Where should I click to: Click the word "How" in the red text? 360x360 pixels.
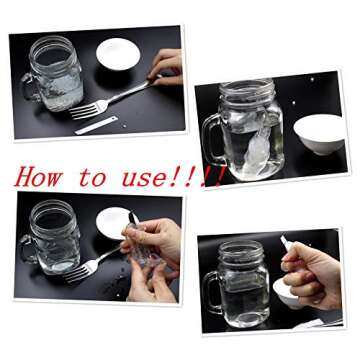(39, 177)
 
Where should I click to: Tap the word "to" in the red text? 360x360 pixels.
(93, 178)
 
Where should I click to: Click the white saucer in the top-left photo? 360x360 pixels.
(118, 54)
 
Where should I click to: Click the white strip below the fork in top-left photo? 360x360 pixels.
(96, 125)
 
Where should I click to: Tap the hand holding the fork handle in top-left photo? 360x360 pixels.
(166, 67)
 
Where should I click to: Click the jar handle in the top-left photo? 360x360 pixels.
(29, 87)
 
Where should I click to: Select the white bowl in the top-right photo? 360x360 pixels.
(320, 134)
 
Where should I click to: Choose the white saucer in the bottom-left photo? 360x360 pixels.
(113, 223)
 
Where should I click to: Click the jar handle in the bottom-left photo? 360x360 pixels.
(27, 249)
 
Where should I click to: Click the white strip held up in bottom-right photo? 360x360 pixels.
(286, 243)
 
